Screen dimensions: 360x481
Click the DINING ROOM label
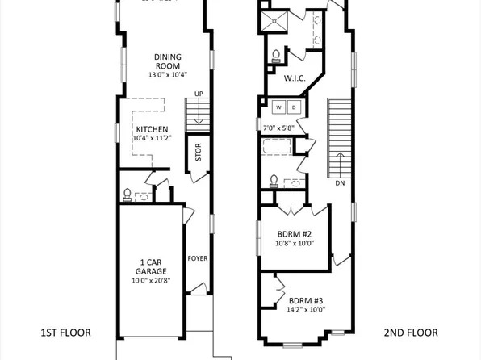pos(168,61)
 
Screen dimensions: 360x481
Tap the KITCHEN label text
pos(151,129)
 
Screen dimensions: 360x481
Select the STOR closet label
pos(198,153)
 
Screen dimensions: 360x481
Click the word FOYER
pos(198,259)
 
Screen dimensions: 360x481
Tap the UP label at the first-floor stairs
pos(198,94)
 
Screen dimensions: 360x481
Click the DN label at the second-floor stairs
pos(340,182)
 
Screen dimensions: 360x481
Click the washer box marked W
pos(278,107)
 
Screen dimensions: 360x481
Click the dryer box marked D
pos(294,107)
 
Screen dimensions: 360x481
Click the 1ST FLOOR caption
pos(65,333)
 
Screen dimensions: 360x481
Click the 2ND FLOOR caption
pos(410,333)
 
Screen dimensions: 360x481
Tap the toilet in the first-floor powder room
pos(127,194)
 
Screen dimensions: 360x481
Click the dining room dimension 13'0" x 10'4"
pos(168,75)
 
